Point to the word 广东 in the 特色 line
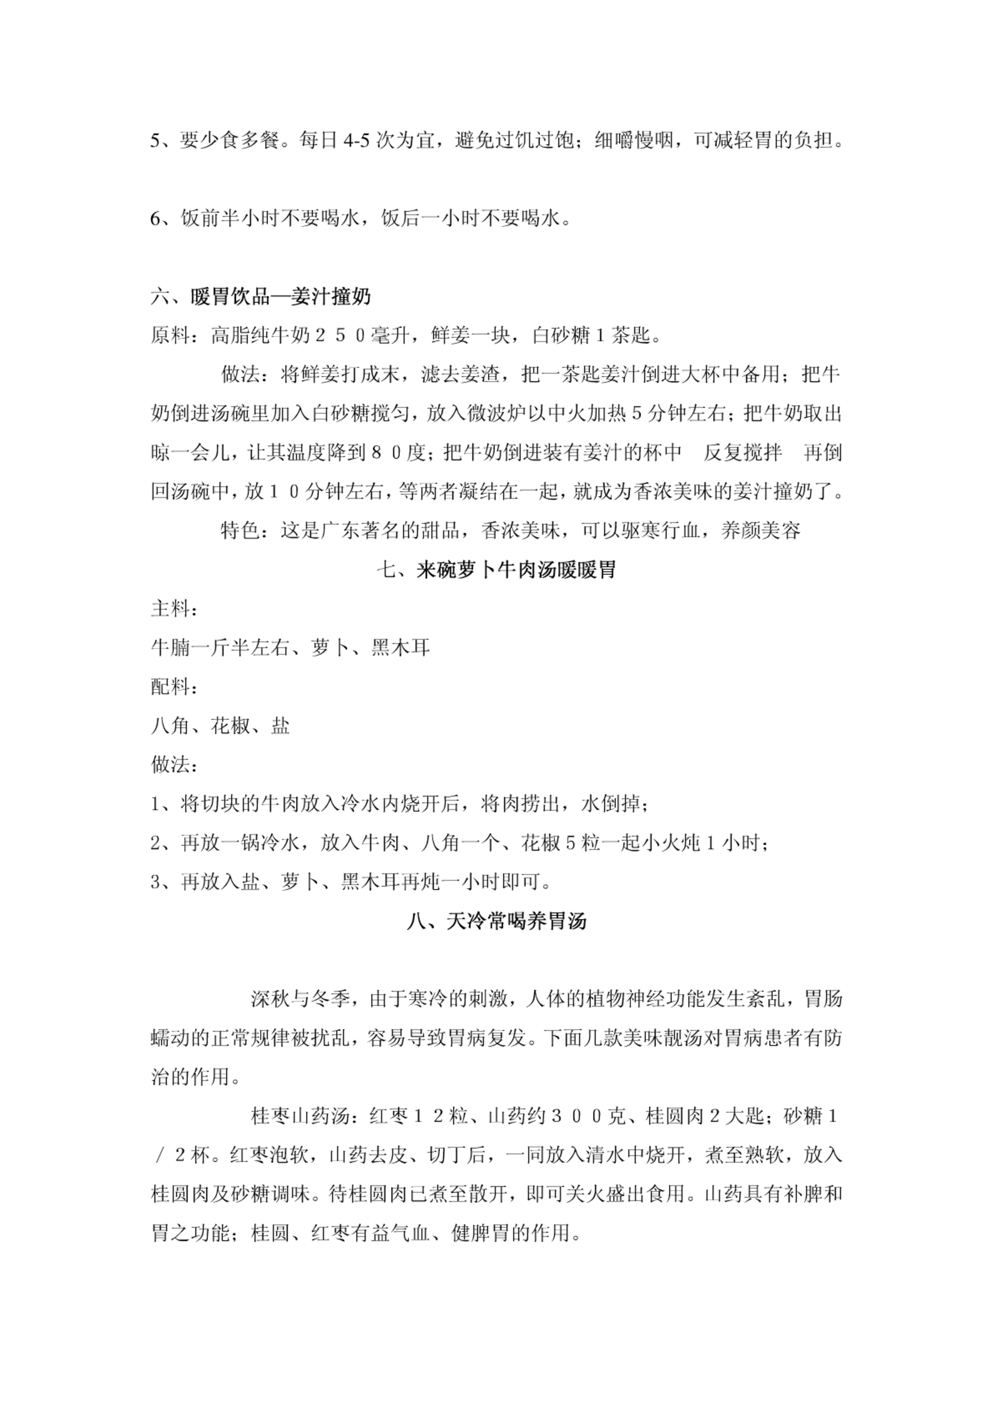tap(340, 532)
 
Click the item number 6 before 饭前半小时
tap(156, 220)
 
